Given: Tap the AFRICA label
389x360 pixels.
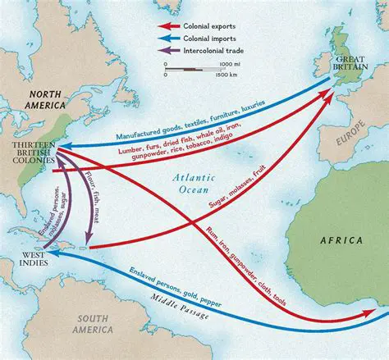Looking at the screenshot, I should pyautogui.click(x=336, y=242).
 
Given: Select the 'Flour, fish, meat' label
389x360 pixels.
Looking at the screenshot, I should pyautogui.click(x=90, y=197).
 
